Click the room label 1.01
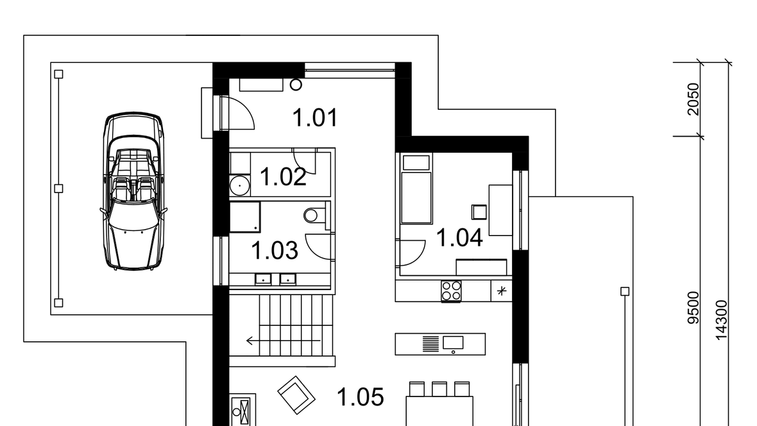pyautogui.click(x=315, y=118)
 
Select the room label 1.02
pyautogui.click(x=283, y=177)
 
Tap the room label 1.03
pyautogui.click(x=274, y=251)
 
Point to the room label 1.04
pyautogui.click(x=459, y=237)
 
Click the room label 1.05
pyautogui.click(x=360, y=397)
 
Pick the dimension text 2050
pyautogui.click(x=693, y=99)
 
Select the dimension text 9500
pyautogui.click(x=693, y=308)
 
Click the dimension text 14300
pyautogui.click(x=721, y=320)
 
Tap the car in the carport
pyautogui.click(x=133, y=191)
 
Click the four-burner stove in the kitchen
pyautogui.click(x=451, y=291)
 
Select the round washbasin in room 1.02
pyautogui.click(x=239, y=185)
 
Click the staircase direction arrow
pyautogui.click(x=283, y=341)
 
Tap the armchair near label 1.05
pyautogui.click(x=296, y=395)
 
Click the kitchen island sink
pyautogui.click(x=453, y=343)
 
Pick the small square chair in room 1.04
pyautogui.click(x=479, y=212)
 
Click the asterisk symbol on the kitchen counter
pyautogui.click(x=502, y=291)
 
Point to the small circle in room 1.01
pyautogui.click(x=296, y=85)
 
